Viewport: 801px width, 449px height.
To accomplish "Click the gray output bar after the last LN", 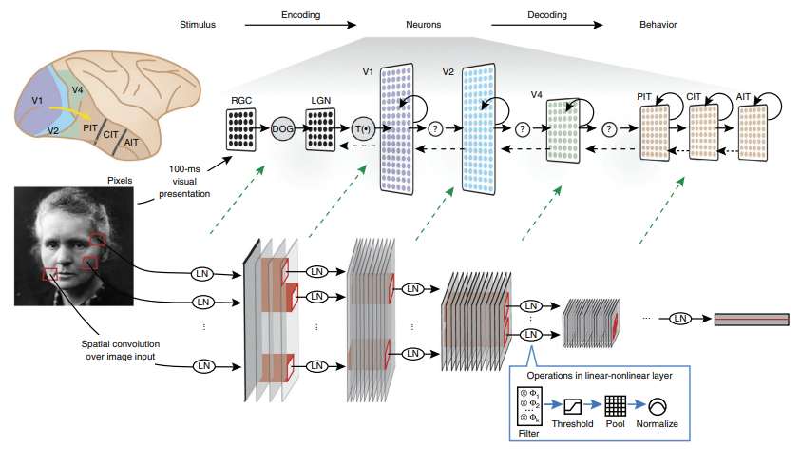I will (750, 319).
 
